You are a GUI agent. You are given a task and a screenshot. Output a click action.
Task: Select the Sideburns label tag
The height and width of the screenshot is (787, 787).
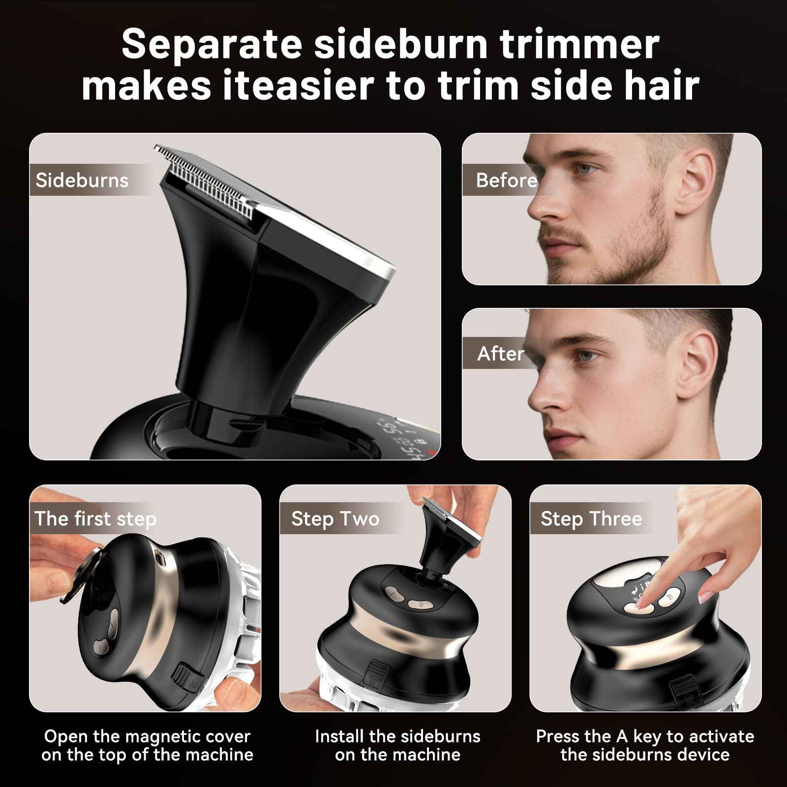tap(82, 180)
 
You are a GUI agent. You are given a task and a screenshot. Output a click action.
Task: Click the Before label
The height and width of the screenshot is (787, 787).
tap(506, 181)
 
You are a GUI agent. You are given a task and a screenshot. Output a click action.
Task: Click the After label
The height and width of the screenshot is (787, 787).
tap(500, 354)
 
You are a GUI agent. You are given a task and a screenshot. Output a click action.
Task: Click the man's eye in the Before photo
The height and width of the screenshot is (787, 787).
tap(585, 169)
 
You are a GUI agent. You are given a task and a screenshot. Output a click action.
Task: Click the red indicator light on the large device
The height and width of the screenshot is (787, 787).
tap(432, 452)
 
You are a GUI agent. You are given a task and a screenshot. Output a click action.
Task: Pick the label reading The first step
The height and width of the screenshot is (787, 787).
tap(95, 518)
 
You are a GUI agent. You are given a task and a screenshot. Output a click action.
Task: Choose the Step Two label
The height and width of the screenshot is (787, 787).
tap(335, 519)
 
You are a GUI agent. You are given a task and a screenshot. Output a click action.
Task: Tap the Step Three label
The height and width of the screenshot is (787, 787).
tap(591, 518)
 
